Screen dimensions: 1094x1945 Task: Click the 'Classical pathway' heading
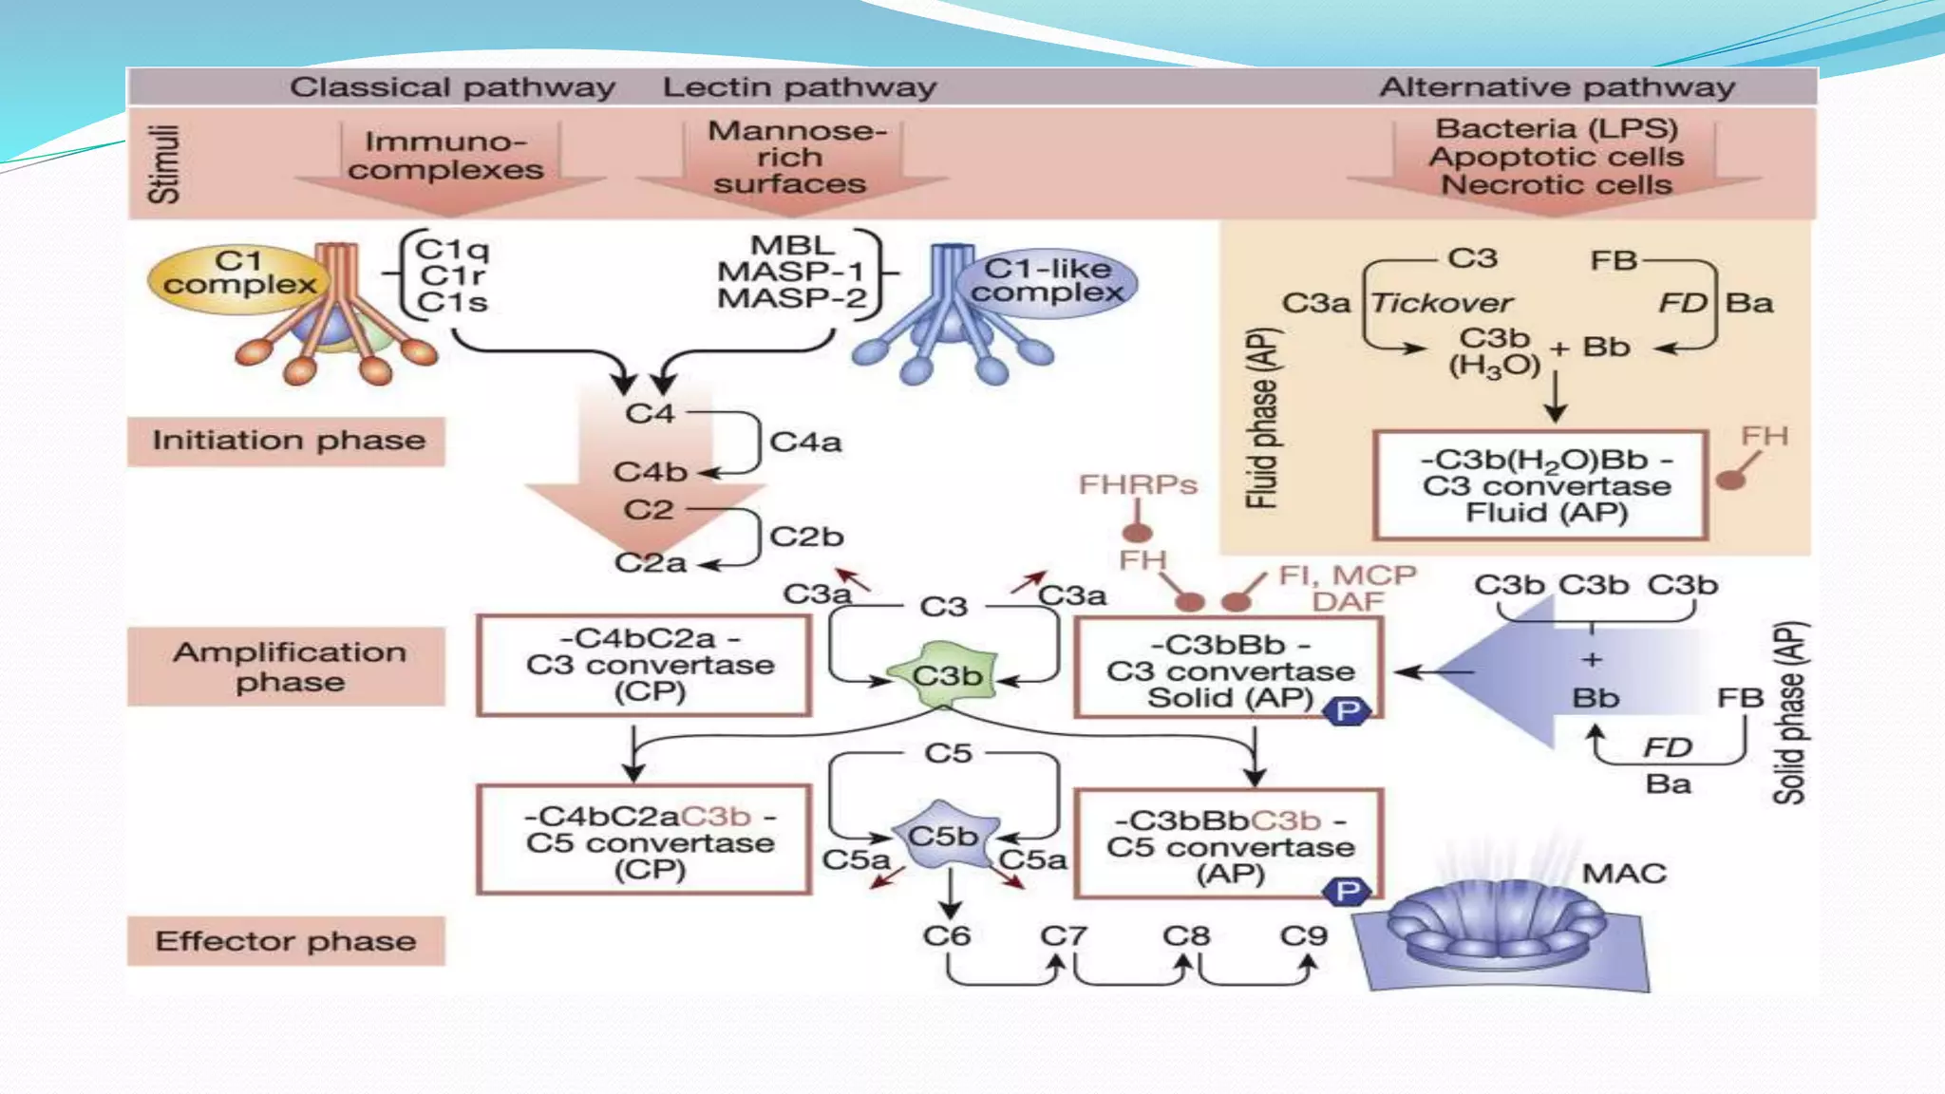pos(452,87)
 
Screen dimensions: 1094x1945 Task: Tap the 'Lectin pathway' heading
pos(799,87)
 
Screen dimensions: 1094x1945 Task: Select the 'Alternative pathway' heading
pos(1557,87)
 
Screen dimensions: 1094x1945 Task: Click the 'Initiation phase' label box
pos(287,442)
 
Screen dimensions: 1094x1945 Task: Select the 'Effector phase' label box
pos(286,941)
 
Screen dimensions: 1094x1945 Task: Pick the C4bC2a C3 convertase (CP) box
pos(645,665)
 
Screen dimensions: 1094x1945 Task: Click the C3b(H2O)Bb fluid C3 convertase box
pos(1540,486)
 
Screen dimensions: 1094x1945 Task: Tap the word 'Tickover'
pos(1441,303)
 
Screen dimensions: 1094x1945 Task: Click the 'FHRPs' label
pos(1137,485)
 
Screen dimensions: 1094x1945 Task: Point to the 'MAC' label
pos(1623,874)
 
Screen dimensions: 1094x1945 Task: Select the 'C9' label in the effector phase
pos(1303,936)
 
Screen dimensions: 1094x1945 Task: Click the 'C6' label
pos(946,936)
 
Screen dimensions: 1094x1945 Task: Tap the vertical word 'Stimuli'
pos(163,163)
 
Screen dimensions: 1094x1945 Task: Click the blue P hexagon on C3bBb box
pos(1347,711)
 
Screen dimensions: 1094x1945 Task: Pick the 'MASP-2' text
pos(791,299)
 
